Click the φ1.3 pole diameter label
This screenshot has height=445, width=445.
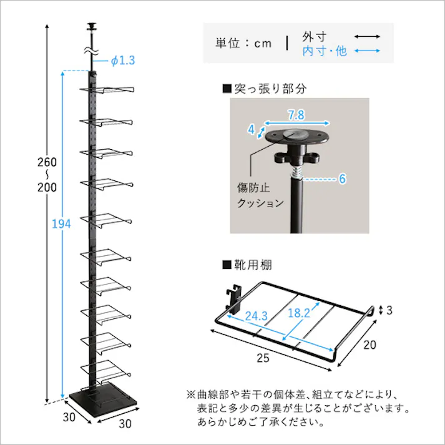[x=123, y=61]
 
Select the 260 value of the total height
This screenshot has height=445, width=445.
[x=47, y=162]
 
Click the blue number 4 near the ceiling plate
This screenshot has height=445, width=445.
[x=251, y=130]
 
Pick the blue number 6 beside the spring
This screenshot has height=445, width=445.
[x=342, y=179]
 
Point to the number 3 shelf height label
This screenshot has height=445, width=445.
[x=390, y=310]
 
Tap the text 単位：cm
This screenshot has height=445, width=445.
[x=244, y=43]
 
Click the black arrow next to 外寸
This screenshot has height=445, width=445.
[x=368, y=37]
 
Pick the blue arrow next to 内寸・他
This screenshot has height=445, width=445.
[x=368, y=52]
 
